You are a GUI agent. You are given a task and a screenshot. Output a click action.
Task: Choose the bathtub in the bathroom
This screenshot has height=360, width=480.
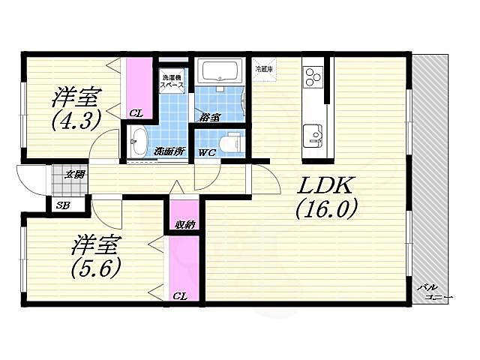[220, 72]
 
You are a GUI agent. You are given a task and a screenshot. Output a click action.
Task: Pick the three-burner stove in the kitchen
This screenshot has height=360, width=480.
[313, 76]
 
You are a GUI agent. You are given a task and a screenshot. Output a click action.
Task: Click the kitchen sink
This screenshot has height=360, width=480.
[313, 137]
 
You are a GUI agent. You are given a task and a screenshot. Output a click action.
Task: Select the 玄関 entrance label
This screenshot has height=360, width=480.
[73, 175]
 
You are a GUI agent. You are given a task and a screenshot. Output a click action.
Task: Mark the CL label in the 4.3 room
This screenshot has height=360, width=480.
[136, 113]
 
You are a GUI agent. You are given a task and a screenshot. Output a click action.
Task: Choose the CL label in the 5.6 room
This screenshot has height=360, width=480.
[180, 295]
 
